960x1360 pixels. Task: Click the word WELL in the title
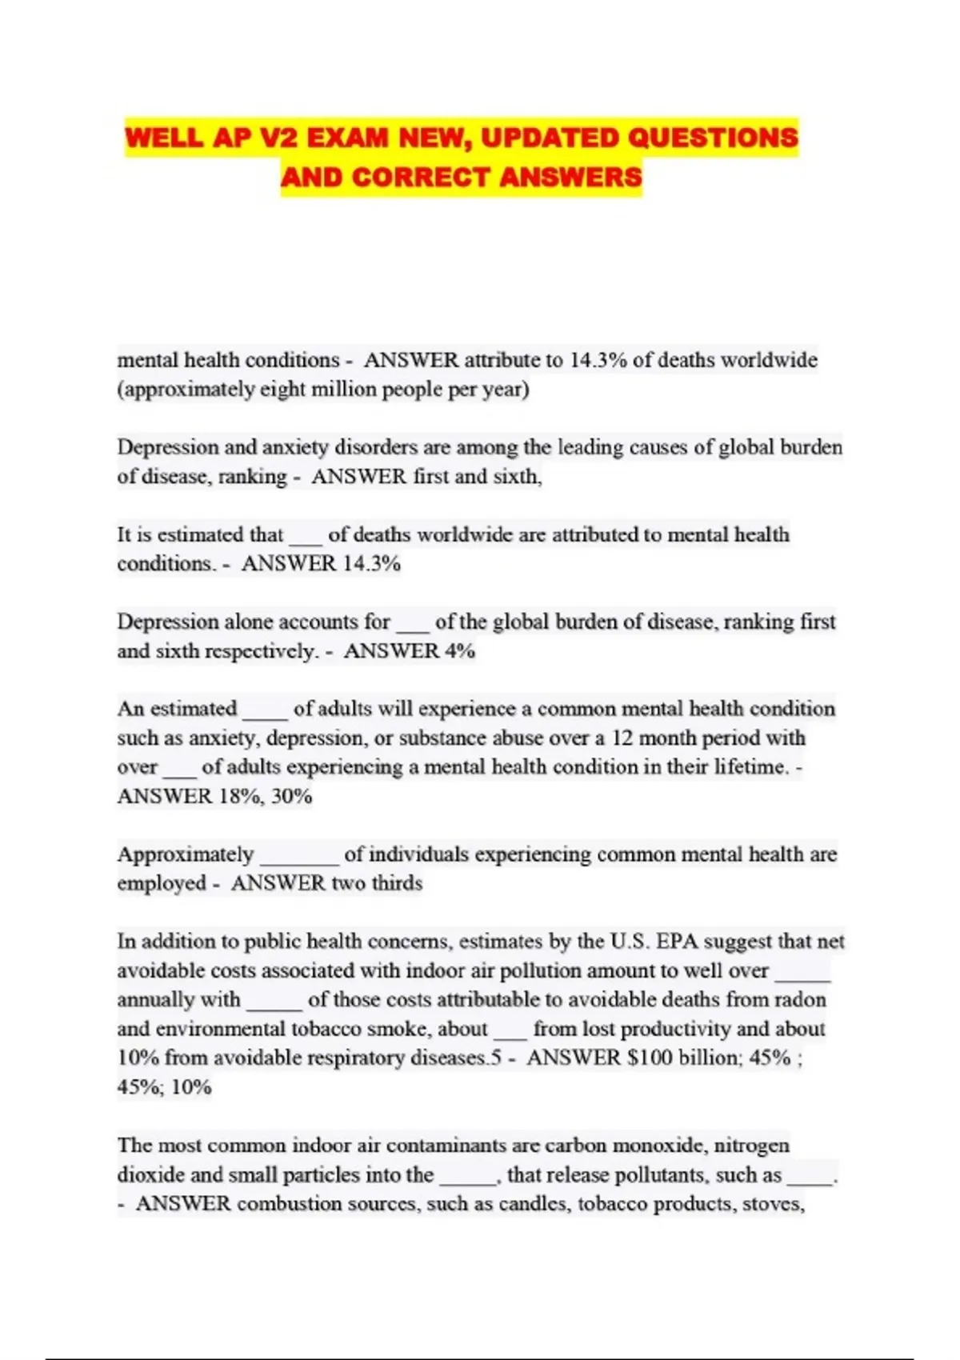(165, 138)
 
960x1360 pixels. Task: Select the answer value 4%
(460, 651)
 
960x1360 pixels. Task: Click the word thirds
(397, 883)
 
